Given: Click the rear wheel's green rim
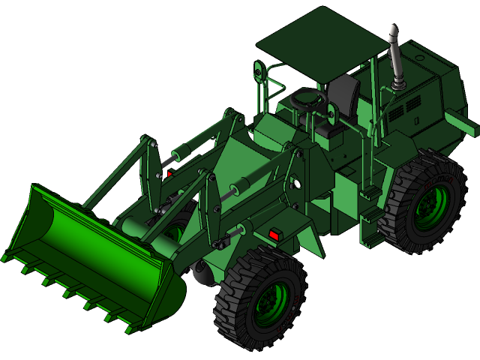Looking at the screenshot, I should (x=431, y=205).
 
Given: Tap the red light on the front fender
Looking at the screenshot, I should (x=274, y=235).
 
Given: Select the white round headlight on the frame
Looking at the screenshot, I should (x=297, y=184).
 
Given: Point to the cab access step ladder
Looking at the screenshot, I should (x=370, y=217).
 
